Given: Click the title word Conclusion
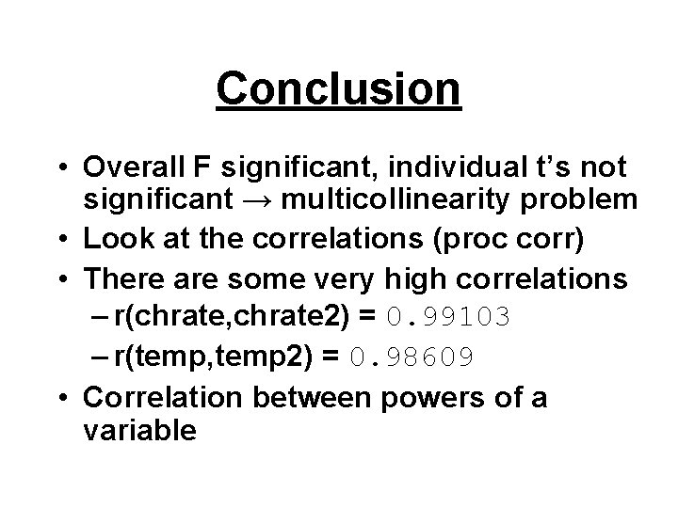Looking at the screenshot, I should coord(339,88).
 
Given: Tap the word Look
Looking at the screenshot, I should coord(114,241).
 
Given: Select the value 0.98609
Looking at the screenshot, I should coord(417,356).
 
